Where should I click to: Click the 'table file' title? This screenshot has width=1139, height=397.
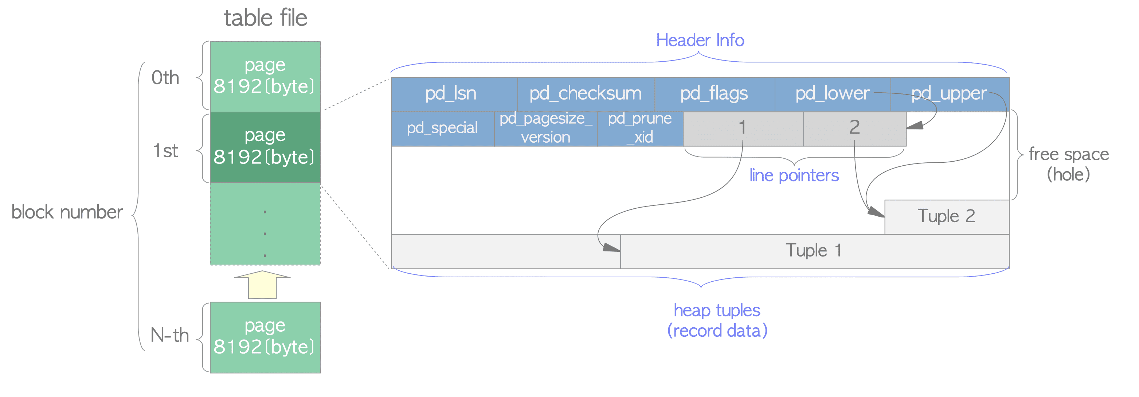tap(265, 18)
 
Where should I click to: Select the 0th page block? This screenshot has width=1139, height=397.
tap(265, 76)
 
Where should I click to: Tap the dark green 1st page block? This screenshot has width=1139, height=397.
tap(265, 147)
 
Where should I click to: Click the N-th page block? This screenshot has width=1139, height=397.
tap(265, 337)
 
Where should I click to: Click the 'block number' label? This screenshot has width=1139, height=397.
tap(67, 212)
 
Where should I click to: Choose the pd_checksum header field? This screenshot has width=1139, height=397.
tap(586, 94)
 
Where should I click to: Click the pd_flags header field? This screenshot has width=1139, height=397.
tap(714, 94)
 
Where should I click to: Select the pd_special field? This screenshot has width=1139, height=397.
tap(442, 128)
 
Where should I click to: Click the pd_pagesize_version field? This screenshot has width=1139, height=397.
tap(545, 128)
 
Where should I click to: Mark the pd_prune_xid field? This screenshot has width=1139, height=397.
tap(639, 128)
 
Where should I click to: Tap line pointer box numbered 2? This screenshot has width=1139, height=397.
tap(854, 128)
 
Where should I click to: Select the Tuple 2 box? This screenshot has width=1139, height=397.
tap(946, 216)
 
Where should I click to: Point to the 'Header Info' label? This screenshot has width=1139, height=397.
tap(700, 40)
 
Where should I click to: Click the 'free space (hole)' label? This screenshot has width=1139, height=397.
tap(1068, 164)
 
